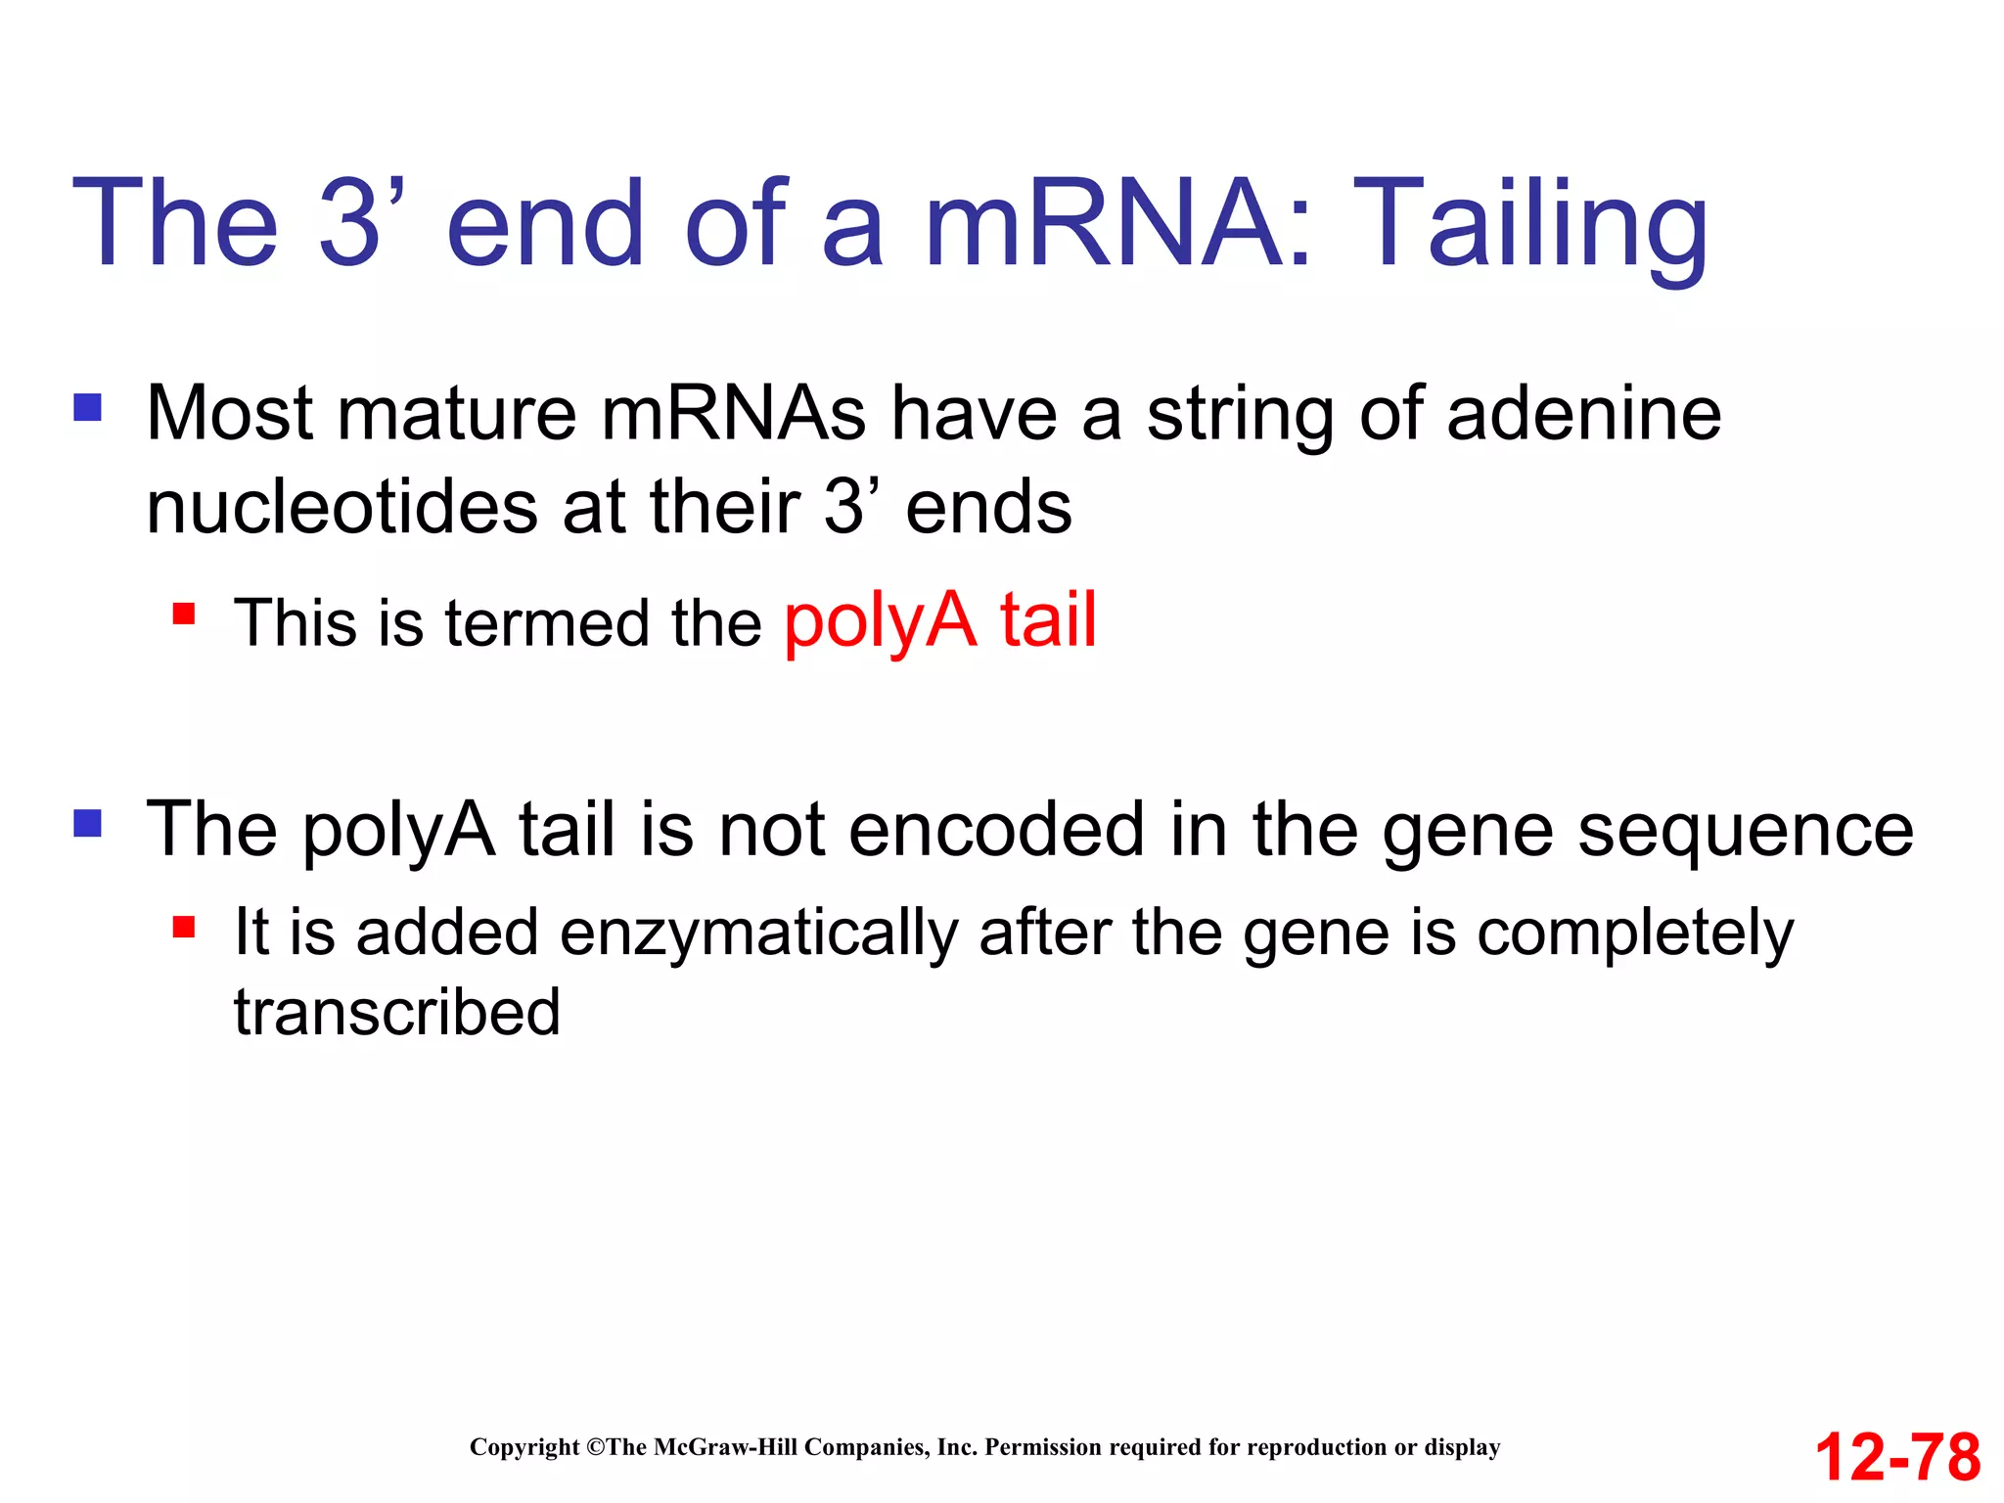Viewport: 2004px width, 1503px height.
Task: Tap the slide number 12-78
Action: click(1897, 1457)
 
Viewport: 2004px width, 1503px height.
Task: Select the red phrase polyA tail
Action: click(940, 621)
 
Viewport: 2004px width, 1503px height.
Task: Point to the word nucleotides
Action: click(342, 508)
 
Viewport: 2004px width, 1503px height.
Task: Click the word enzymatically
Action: click(758, 932)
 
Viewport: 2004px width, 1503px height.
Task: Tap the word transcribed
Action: click(396, 1012)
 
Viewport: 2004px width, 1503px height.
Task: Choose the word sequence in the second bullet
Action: click(1746, 830)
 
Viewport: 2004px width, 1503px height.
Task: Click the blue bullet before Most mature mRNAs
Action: click(88, 407)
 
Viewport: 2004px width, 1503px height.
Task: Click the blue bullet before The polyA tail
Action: click(88, 823)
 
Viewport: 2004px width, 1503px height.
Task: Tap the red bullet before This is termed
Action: click(184, 615)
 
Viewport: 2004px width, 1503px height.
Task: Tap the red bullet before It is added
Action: click(184, 926)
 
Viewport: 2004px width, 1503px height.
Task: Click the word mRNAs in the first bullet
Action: click(733, 414)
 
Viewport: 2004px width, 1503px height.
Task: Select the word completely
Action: click(1635, 932)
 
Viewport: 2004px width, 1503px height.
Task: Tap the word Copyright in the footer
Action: click(524, 1447)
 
